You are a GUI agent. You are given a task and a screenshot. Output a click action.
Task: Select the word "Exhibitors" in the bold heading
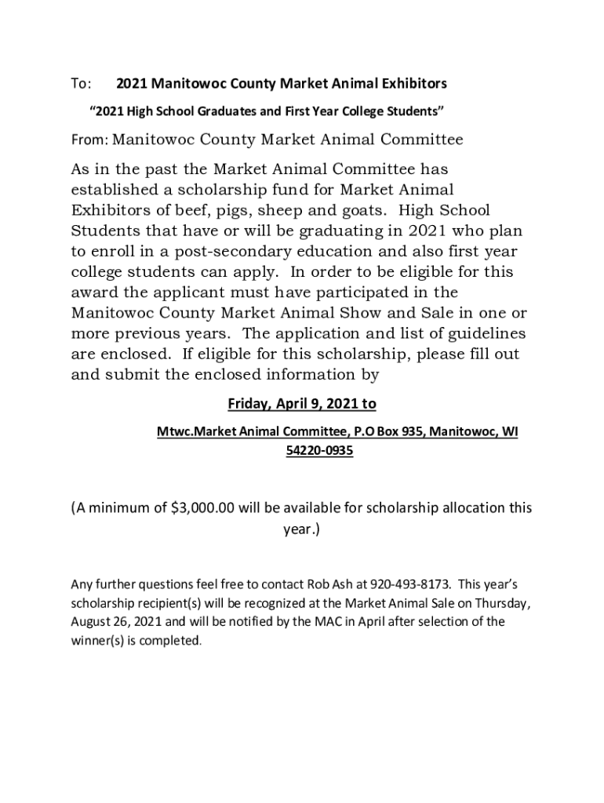pos(409,83)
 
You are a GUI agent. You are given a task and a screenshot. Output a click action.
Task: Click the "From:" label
pos(90,140)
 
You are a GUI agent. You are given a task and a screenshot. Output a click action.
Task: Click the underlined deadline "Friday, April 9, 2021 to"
pos(302,404)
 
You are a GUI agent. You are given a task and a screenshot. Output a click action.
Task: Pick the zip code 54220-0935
pos(314,452)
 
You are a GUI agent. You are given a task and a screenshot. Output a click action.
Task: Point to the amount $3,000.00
pos(202,507)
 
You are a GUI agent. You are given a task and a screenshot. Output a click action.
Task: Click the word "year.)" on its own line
pos(302,529)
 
